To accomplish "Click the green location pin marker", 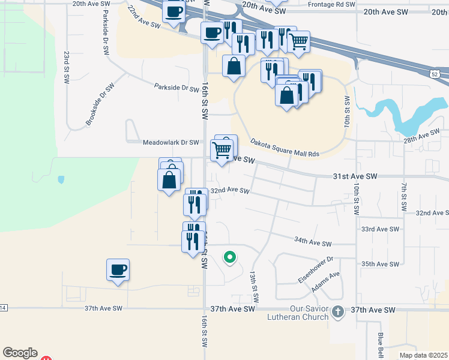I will [229, 258].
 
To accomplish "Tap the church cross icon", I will [339, 311].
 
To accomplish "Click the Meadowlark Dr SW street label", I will [171, 143].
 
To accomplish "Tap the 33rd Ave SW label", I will [380, 229].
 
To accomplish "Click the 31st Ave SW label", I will [355, 176].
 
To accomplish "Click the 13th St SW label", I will [255, 286].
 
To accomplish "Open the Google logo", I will [20, 353].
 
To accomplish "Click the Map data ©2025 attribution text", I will [423, 355].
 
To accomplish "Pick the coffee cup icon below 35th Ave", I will [118, 269].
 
